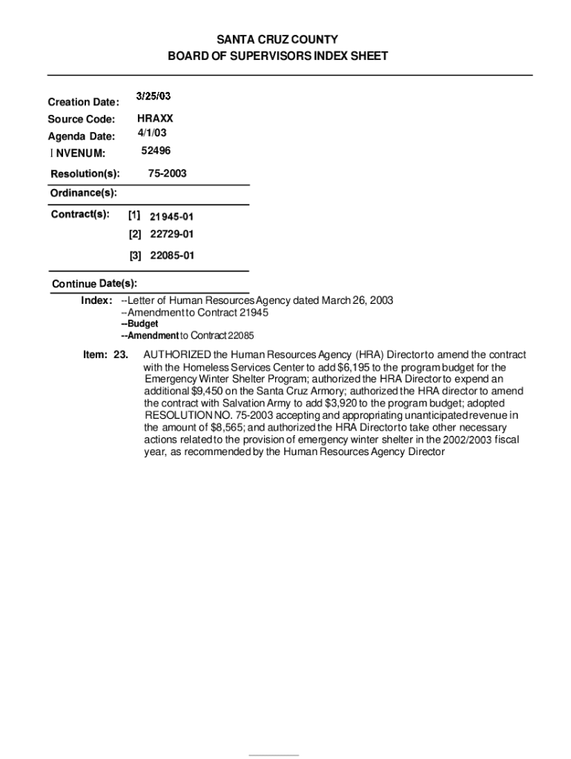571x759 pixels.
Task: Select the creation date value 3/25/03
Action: coord(154,96)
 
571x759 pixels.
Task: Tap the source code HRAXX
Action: coord(155,119)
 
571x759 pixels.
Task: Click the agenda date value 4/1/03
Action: coord(152,133)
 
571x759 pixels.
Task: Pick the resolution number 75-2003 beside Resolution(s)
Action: coord(167,173)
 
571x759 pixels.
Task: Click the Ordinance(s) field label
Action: coord(83,193)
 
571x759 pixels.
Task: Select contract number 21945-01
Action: coord(171,216)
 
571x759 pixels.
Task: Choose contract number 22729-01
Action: coord(171,234)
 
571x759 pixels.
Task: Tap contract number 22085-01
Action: coord(171,256)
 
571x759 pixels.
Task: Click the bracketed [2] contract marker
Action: coord(134,234)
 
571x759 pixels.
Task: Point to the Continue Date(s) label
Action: coord(94,284)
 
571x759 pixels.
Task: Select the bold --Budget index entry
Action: coord(139,324)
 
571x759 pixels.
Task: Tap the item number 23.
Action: coord(120,354)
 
